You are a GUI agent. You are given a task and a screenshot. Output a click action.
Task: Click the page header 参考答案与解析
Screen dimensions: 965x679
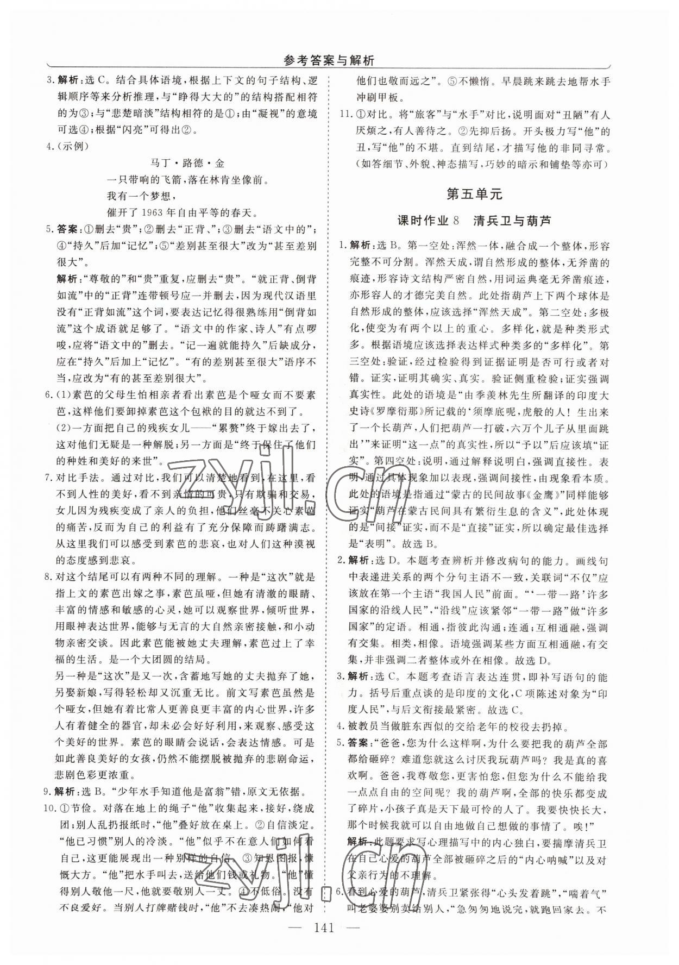click(x=329, y=61)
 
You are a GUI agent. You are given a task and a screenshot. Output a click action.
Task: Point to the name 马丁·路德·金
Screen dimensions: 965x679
click(x=186, y=163)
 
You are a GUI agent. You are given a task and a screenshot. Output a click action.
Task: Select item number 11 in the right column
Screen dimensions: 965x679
click(x=345, y=115)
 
